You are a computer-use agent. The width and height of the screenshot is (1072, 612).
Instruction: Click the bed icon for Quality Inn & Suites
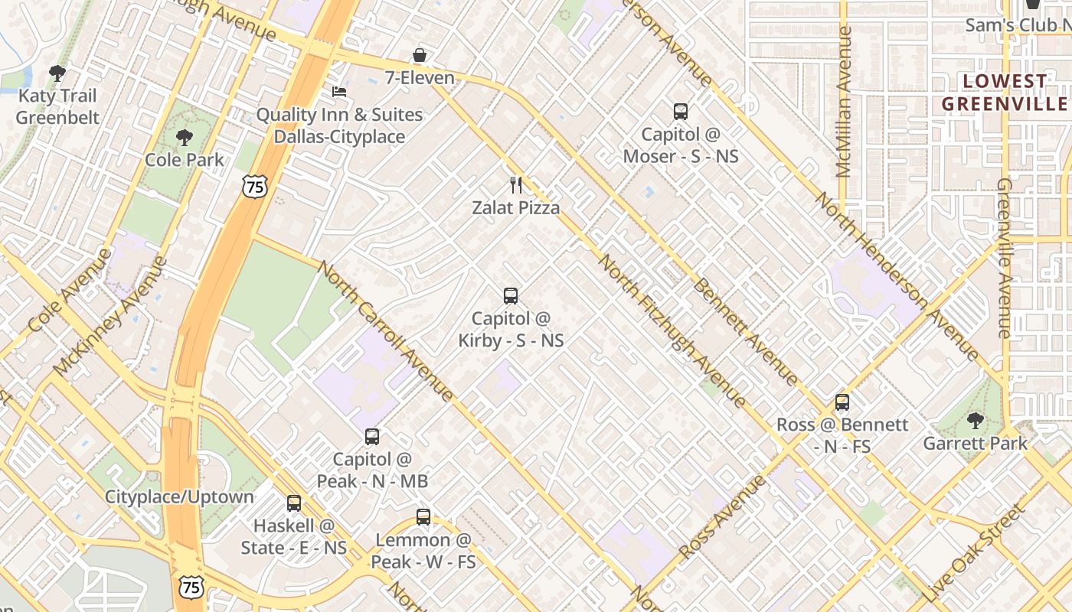[338, 92]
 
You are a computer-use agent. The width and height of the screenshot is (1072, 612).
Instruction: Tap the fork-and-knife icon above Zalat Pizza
[516, 184]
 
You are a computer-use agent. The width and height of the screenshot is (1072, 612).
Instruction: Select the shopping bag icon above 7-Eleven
[419, 55]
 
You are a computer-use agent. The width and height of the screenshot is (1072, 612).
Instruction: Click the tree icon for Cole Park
[184, 138]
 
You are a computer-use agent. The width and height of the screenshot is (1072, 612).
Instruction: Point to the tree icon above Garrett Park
[975, 420]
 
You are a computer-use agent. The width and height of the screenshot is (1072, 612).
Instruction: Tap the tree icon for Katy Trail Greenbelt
[57, 73]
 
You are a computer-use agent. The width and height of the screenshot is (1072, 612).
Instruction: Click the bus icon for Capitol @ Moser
[680, 112]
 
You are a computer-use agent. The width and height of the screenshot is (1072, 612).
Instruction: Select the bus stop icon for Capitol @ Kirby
[510, 295]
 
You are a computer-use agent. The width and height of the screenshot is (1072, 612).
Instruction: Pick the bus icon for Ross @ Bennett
[842, 402]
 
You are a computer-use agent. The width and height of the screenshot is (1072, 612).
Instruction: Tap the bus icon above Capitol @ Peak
[372, 437]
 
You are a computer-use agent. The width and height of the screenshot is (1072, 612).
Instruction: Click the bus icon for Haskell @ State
[294, 503]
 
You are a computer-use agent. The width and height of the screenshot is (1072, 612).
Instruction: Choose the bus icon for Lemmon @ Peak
[423, 517]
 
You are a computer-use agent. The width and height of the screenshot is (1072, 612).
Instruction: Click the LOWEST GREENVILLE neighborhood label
[1004, 92]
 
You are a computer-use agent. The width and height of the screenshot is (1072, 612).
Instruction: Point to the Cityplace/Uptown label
[179, 496]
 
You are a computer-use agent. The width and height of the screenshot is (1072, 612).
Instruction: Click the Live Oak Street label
[973, 552]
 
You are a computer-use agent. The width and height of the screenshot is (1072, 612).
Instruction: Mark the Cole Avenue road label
[70, 290]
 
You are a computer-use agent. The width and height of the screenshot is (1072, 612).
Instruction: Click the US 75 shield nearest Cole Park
[254, 186]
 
